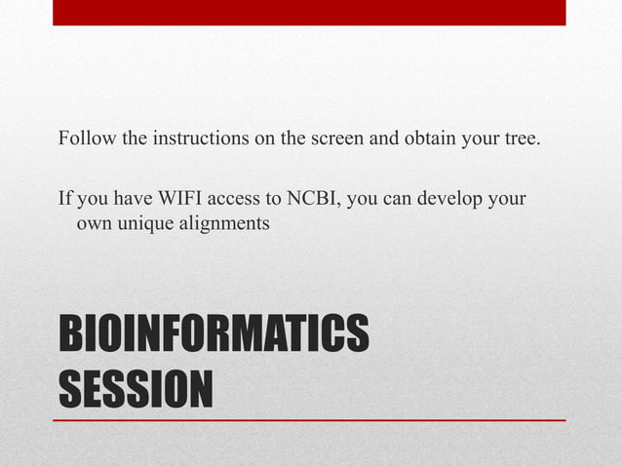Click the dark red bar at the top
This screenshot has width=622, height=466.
tap(309, 13)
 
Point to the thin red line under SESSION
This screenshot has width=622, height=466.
tap(312, 419)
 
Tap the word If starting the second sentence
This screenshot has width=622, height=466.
tap(65, 200)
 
